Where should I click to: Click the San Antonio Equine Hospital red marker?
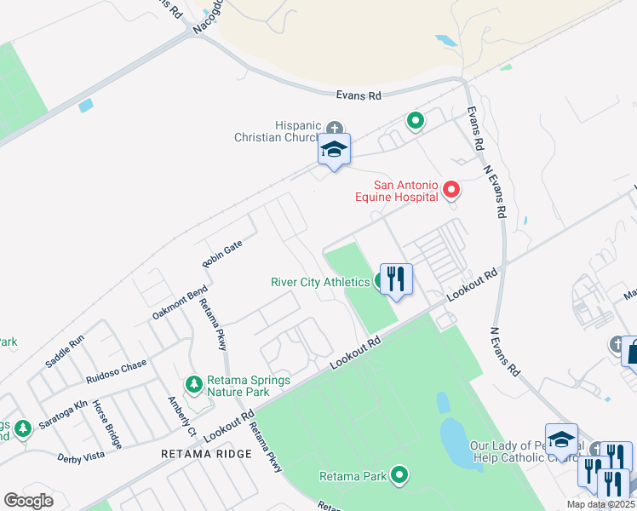click(451, 189)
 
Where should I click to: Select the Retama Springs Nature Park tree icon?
click(195, 385)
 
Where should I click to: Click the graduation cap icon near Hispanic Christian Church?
click(334, 150)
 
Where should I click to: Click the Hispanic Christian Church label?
click(279, 130)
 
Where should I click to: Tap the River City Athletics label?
click(319, 282)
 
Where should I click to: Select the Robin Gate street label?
click(222, 254)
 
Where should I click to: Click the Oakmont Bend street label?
click(181, 302)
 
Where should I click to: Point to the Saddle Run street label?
click(65, 349)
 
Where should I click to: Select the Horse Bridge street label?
click(106, 423)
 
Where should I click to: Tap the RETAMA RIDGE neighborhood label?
click(207, 454)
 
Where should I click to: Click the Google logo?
click(28, 501)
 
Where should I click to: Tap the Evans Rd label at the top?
click(358, 96)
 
